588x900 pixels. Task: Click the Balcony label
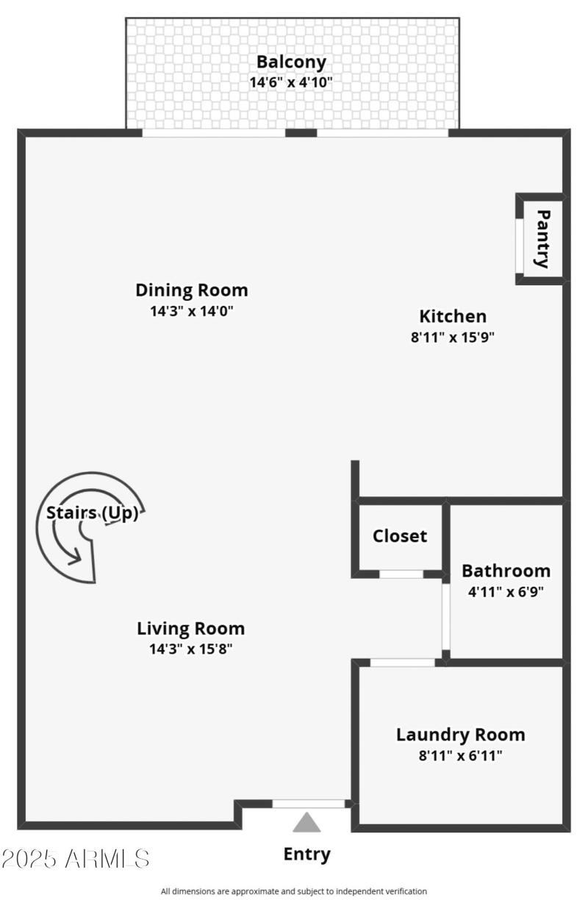[x=290, y=62]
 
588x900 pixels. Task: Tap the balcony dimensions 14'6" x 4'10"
[x=290, y=82]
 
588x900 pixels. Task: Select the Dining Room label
[x=192, y=290]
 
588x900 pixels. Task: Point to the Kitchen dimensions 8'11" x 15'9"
[x=453, y=338]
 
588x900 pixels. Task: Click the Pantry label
[x=542, y=239]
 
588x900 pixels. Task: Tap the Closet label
[x=400, y=536]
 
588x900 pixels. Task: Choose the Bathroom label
[x=506, y=571]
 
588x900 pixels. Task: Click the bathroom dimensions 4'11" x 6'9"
[x=506, y=590]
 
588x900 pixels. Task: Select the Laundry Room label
[x=461, y=735]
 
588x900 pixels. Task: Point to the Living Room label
[x=191, y=629]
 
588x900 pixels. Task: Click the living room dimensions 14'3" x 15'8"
[x=191, y=649]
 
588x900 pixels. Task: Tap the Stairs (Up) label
[x=93, y=513]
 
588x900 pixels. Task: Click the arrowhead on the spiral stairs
[x=75, y=558]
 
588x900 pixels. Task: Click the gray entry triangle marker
[x=306, y=822]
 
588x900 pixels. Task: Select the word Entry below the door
[x=306, y=854]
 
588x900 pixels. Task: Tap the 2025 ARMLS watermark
[x=76, y=858]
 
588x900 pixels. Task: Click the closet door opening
[x=401, y=574]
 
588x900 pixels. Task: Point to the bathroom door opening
[x=445, y=616]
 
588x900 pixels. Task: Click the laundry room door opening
[x=402, y=662]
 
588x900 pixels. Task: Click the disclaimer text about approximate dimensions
[x=294, y=891]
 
